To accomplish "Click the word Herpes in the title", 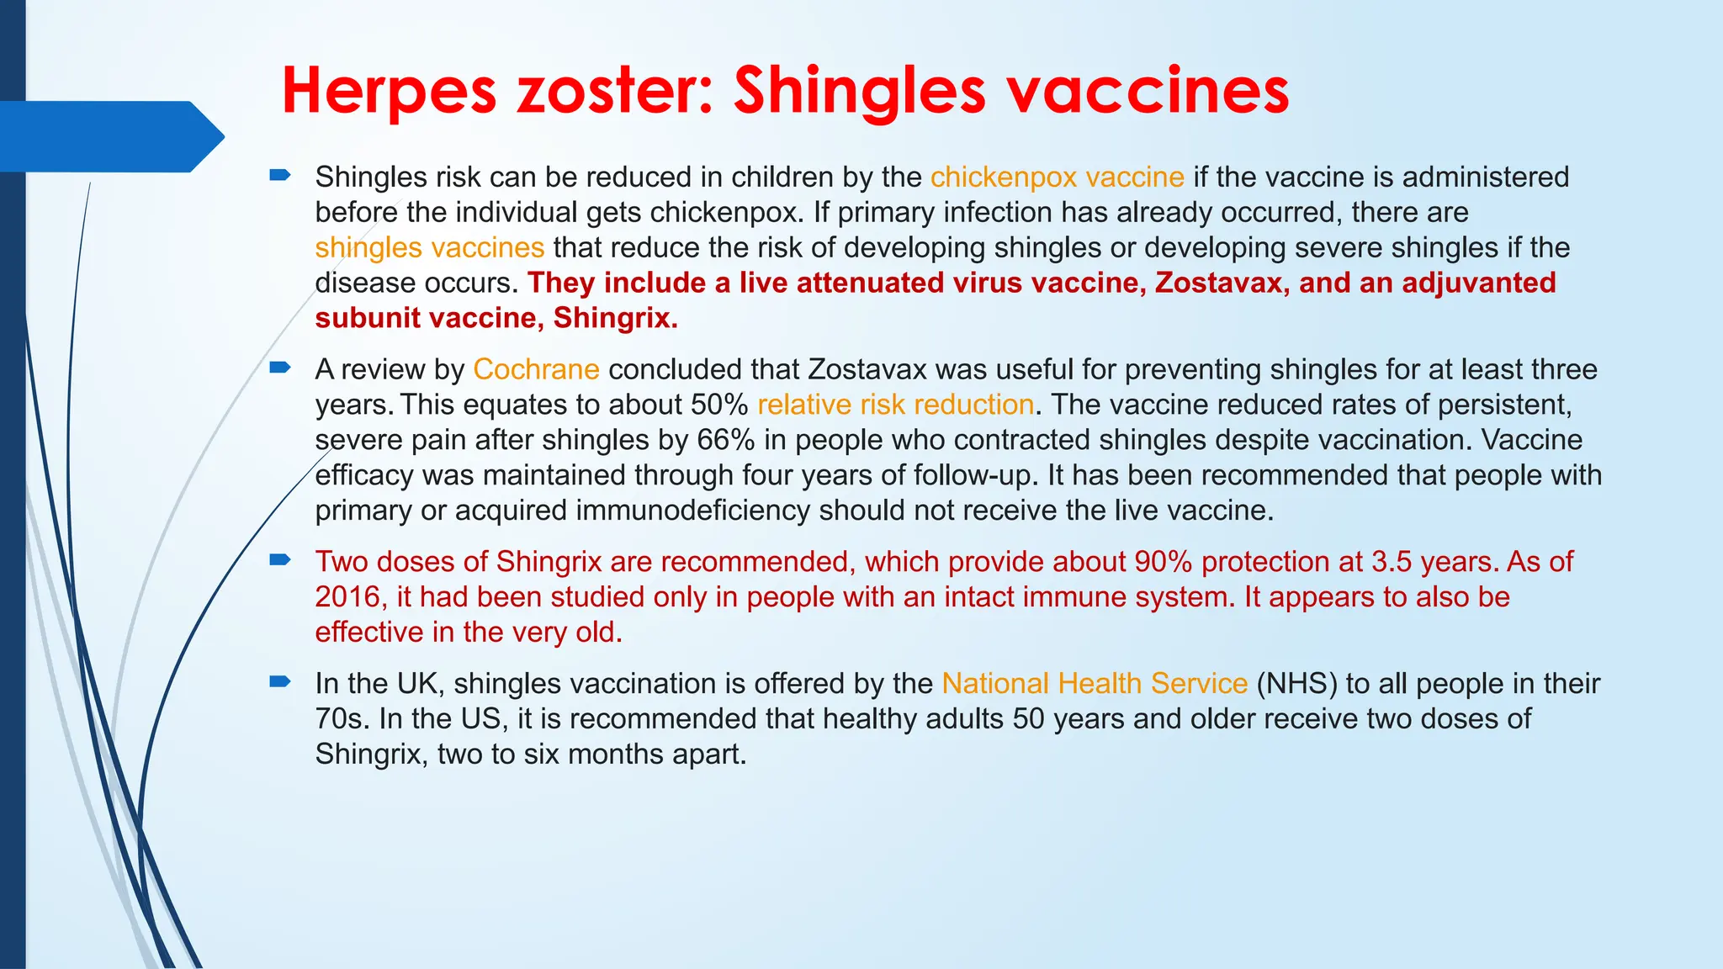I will pos(389,91).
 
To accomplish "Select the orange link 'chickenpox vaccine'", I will pos(1057,177).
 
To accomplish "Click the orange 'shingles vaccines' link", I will pos(429,248).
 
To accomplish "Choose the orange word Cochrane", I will pos(536,369).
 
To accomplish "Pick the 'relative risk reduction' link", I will pos(895,405).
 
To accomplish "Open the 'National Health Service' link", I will pos(1094,684).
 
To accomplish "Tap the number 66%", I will pos(725,440).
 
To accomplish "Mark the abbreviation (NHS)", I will pos(1296,684).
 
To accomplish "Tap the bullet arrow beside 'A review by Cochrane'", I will pos(279,368).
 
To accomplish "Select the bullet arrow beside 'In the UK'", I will pos(279,681).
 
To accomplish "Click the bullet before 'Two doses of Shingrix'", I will pos(279,559).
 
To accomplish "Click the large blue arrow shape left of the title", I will pos(109,136).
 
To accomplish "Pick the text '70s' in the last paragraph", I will pos(342,719).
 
